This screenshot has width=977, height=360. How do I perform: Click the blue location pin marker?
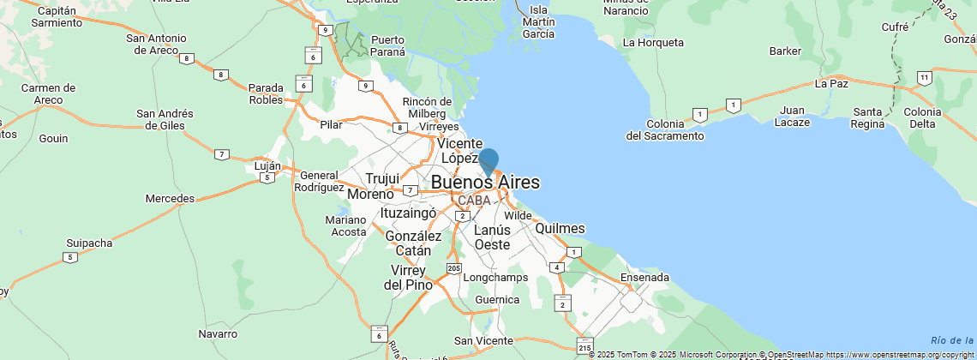click(x=488, y=162)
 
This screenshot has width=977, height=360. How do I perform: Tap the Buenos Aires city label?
click(x=485, y=182)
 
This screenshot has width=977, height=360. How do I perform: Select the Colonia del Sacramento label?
click(x=665, y=129)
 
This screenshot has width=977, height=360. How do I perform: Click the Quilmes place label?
click(x=560, y=228)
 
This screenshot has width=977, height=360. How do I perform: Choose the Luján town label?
click(x=268, y=165)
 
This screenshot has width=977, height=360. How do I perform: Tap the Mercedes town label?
click(x=170, y=198)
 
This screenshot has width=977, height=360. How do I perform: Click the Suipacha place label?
click(x=88, y=243)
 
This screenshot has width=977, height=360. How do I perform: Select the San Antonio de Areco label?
click(x=156, y=44)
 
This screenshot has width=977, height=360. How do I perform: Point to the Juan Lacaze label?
click(x=794, y=116)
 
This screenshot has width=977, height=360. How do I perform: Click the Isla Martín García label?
click(x=537, y=27)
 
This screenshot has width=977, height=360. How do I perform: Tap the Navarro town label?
click(x=218, y=333)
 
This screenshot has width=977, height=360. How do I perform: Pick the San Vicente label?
click(x=483, y=340)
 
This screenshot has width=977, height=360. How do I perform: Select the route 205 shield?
click(x=454, y=269)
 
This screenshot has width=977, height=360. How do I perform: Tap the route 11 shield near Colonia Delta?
click(x=924, y=78)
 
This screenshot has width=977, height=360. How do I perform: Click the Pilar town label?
click(x=331, y=124)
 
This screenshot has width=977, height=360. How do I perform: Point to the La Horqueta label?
click(x=654, y=42)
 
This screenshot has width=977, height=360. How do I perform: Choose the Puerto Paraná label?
click(x=387, y=45)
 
